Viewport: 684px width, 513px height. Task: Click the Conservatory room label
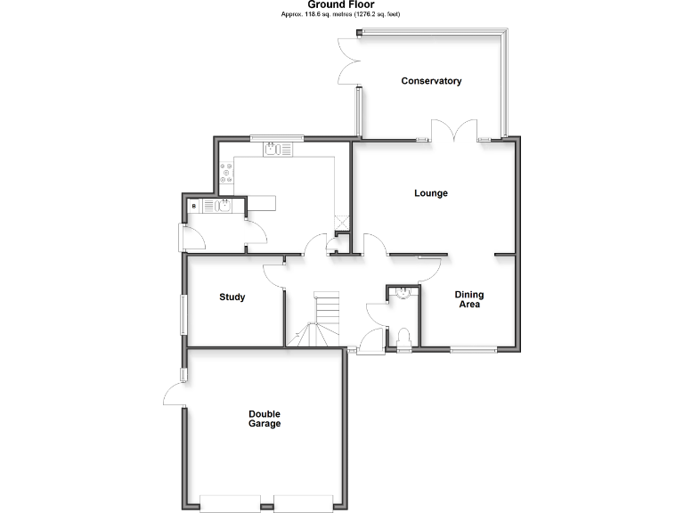(x=431, y=81)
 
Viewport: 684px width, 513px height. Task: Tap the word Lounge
(x=431, y=193)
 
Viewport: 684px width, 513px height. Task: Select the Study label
(x=232, y=297)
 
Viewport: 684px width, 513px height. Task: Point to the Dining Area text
(x=468, y=299)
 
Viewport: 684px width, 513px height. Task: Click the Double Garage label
(x=265, y=419)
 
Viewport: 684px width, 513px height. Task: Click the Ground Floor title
(x=341, y=4)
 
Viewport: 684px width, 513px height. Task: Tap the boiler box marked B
(x=194, y=207)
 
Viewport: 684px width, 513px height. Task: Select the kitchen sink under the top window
(x=274, y=150)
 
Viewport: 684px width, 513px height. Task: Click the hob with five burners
(x=226, y=175)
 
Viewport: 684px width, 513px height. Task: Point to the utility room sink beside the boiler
(x=220, y=206)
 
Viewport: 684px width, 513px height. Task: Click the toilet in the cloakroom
(x=403, y=337)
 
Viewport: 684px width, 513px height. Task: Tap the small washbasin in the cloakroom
(x=403, y=292)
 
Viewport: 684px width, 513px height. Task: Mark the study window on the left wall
(x=184, y=315)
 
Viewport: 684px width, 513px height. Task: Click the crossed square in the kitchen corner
(x=340, y=223)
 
